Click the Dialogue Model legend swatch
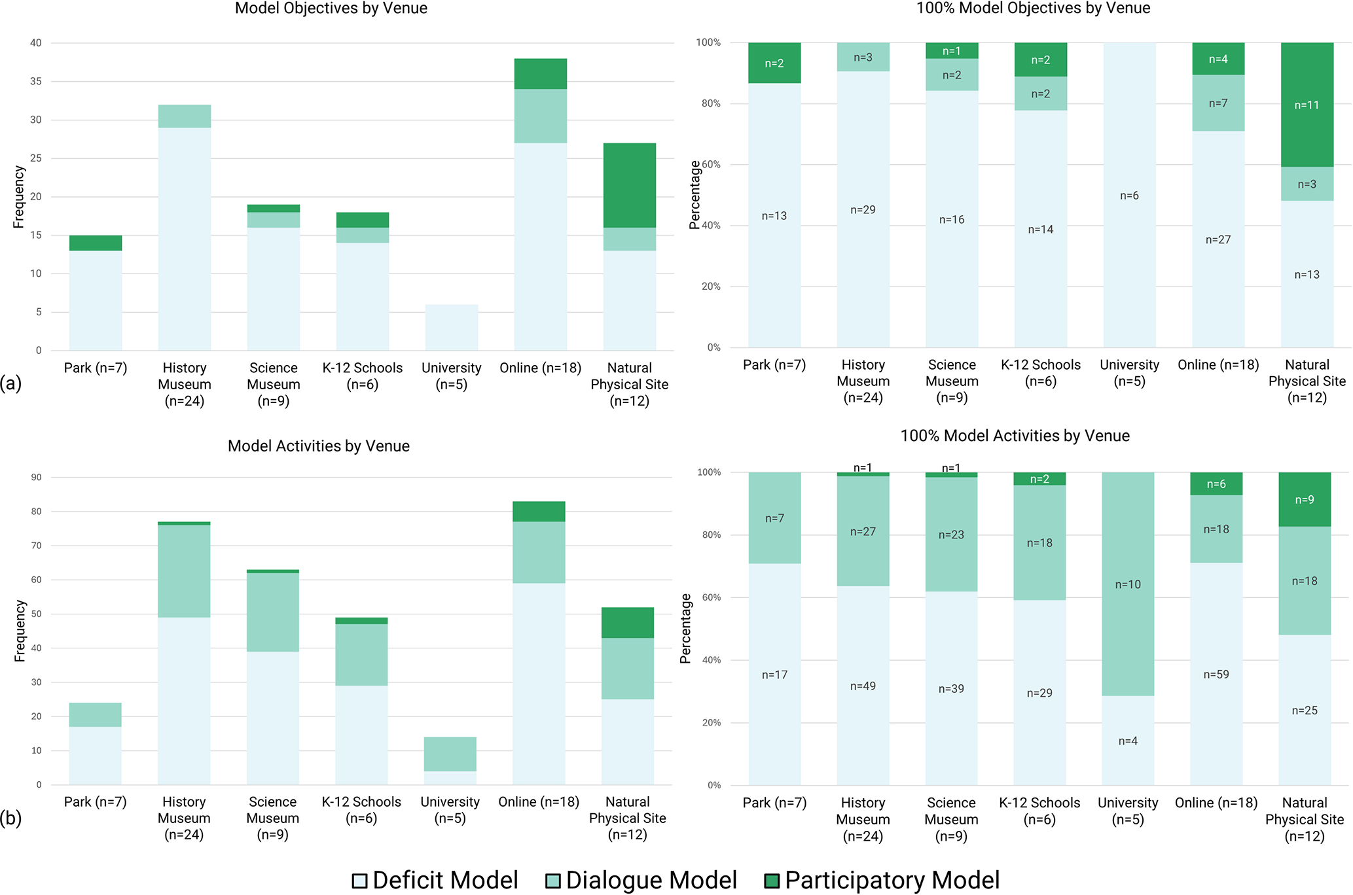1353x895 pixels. click(x=553, y=881)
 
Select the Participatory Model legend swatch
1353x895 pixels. click(x=772, y=881)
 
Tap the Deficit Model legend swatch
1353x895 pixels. click(x=359, y=881)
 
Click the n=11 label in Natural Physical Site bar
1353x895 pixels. click(x=1307, y=105)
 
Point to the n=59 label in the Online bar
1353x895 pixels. click(x=1216, y=675)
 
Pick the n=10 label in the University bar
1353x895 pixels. click(x=1128, y=584)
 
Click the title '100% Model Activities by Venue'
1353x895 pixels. click(x=1015, y=436)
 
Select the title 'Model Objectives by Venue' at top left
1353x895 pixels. click(x=331, y=9)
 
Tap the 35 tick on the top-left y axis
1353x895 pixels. click(x=35, y=82)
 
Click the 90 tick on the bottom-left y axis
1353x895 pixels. click(x=36, y=478)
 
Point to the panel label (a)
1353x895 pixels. click(x=11, y=383)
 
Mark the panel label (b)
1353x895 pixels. click(x=11, y=818)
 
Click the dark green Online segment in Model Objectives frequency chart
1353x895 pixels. click(x=540, y=74)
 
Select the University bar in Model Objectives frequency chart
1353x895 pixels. click(x=451, y=327)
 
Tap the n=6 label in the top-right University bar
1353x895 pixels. click(x=1129, y=196)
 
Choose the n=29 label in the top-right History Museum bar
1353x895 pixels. click(x=863, y=210)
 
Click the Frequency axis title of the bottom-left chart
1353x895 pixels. click(x=20, y=631)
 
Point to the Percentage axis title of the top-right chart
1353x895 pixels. click(x=695, y=195)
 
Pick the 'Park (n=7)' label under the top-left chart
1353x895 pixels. click(x=96, y=368)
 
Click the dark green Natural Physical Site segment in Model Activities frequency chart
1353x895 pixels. click(x=627, y=623)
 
